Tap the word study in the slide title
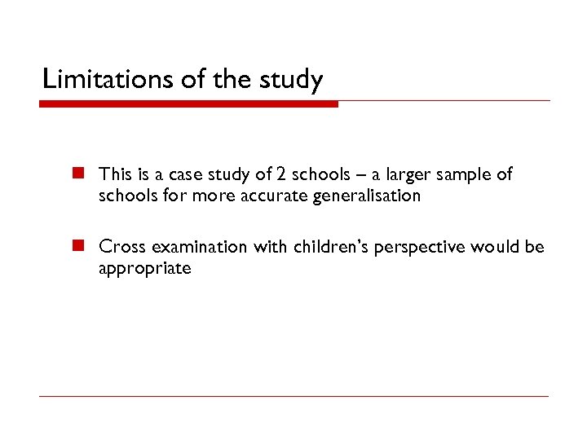[x=292, y=80]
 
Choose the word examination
[x=196, y=248]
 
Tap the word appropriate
[x=144, y=270]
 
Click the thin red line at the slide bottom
[x=293, y=397]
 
